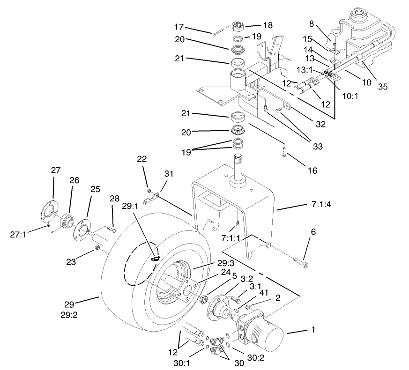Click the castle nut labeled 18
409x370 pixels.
coord(240,26)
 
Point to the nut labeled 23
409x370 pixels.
coord(97,247)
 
